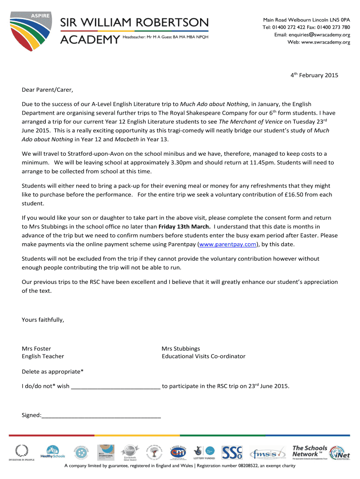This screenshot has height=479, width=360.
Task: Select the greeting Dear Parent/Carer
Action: pyautogui.click(x=48, y=90)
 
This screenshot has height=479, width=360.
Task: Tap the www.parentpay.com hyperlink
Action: pyautogui.click(x=228, y=244)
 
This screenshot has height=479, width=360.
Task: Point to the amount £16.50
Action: pyautogui.click(x=294, y=194)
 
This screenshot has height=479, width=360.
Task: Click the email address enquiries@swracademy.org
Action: pyautogui.click(x=312, y=35)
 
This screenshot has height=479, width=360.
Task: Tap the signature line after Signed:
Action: pyautogui.click(x=101, y=415)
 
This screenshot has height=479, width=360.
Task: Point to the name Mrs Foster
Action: pyautogui.click(x=36, y=348)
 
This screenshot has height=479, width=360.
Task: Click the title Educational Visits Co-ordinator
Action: pyautogui.click(x=203, y=356)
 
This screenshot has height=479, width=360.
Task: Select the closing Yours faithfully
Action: pyautogui.click(x=43, y=320)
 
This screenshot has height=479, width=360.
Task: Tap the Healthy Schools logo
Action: pyautogui.click(x=53, y=452)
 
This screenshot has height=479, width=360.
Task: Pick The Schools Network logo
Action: pyautogui.click(x=310, y=451)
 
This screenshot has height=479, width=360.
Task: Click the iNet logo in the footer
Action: pyautogui.click(x=339, y=452)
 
